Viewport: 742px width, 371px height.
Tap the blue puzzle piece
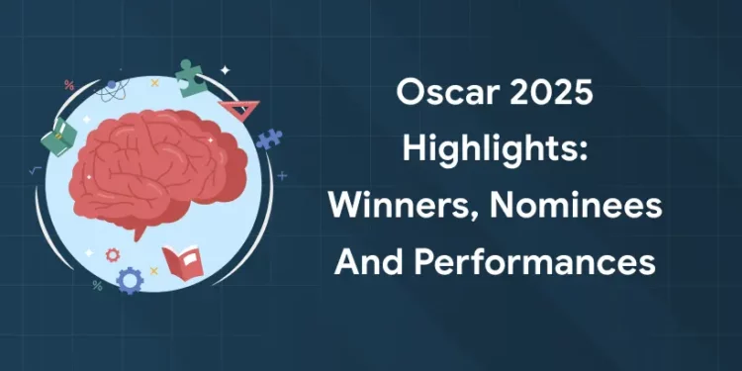pos(268,139)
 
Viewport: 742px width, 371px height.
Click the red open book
pos(180,261)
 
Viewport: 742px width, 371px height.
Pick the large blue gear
pos(130,281)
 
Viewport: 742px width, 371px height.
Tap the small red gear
pos(113,255)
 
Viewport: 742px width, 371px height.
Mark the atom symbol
pos(111,90)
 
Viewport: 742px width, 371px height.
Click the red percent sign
pos(69,85)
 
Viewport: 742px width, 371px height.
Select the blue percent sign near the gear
pos(98,286)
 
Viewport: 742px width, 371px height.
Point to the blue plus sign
pos(282,175)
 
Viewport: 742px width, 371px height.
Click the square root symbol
pos(37,170)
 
